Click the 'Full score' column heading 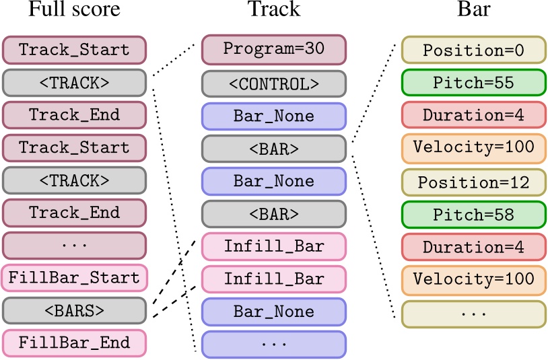coord(74,9)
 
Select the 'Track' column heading coord(273,9)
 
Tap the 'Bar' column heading coord(473,9)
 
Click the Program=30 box coord(273,50)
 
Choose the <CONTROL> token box coord(273,83)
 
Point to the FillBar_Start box coord(74,277)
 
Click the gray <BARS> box coord(74,310)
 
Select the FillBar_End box coord(74,343)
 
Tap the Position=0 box coord(473,50)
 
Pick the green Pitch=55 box coord(473,83)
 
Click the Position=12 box coord(473,181)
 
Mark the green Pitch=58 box coord(473,214)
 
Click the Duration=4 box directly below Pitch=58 coord(473,247)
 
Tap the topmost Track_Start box coord(74,50)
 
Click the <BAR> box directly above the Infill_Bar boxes coord(273,214)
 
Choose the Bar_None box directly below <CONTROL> coord(273,115)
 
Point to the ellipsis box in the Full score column coord(74,245)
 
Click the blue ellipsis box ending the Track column coord(273,344)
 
